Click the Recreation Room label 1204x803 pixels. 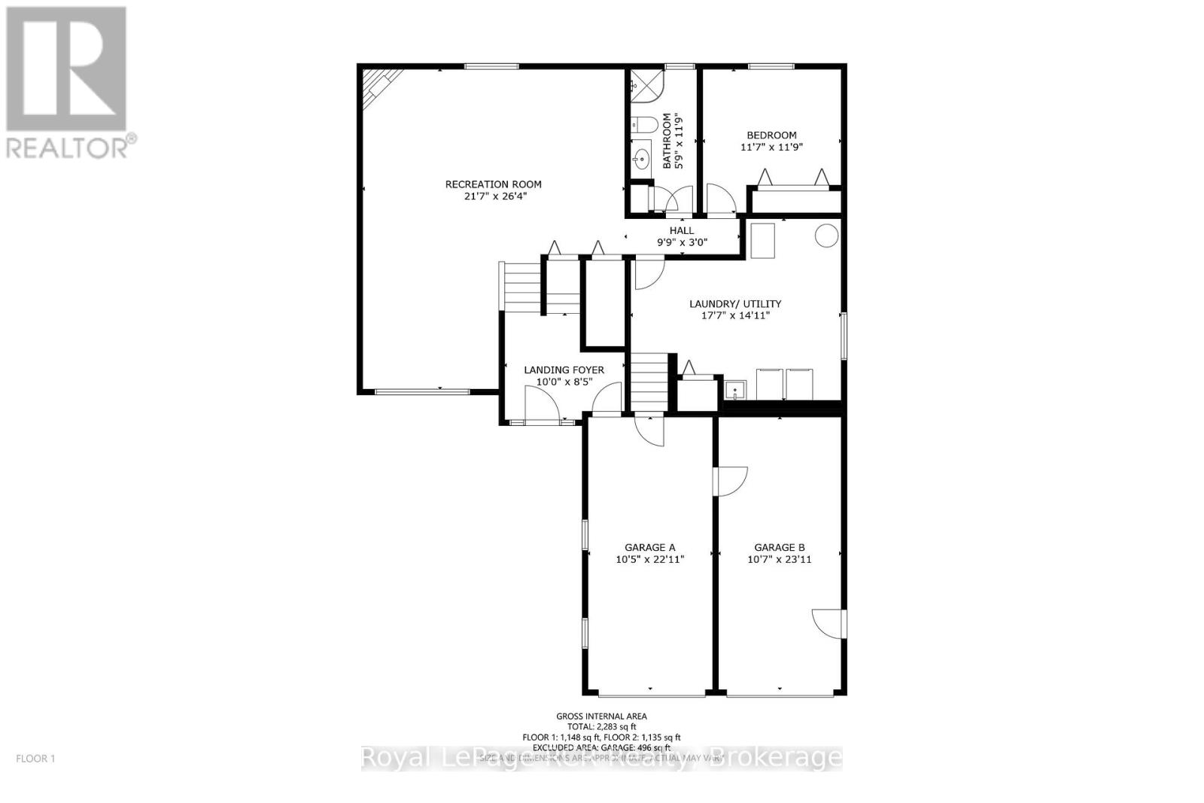(493, 184)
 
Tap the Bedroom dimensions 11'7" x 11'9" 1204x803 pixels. (771, 148)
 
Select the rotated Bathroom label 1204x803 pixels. (667, 141)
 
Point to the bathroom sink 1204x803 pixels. (642, 159)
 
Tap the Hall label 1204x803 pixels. (682, 230)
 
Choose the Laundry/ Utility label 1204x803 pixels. (735, 304)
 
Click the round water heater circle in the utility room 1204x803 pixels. (826, 236)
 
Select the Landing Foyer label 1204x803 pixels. (564, 370)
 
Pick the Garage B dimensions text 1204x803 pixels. (780, 560)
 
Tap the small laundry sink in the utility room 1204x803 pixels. (735, 390)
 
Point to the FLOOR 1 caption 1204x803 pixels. (35, 759)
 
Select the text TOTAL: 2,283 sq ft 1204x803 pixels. (601, 727)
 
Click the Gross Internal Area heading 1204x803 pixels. (601, 716)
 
